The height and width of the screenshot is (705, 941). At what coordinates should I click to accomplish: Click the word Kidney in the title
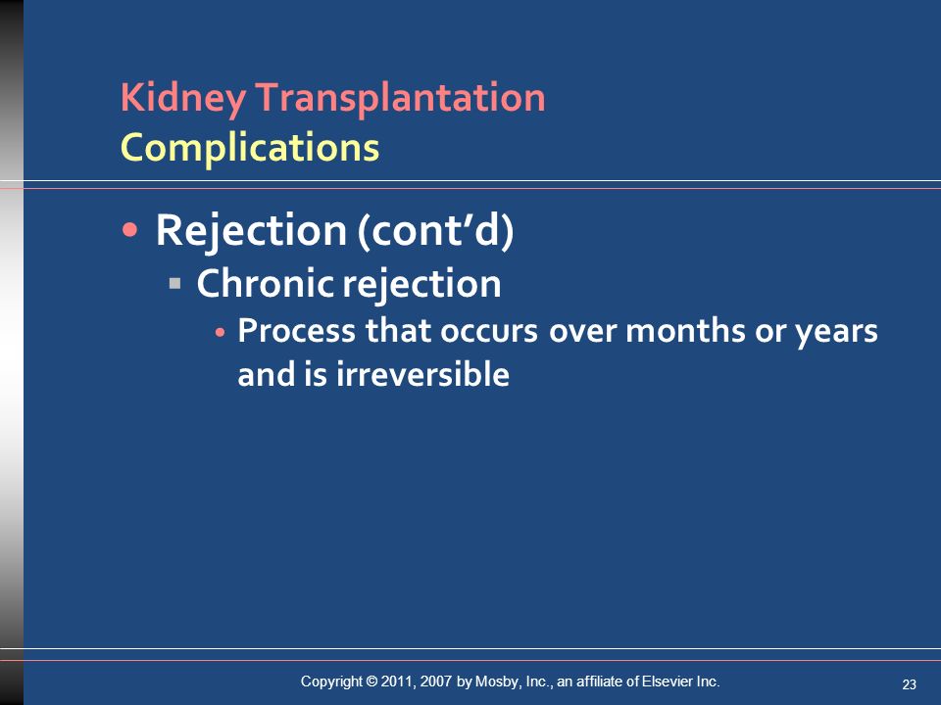pyautogui.click(x=183, y=98)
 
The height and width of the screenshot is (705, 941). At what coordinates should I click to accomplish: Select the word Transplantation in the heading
pyautogui.click(x=400, y=97)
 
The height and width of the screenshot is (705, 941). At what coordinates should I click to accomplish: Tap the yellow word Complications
pyautogui.click(x=250, y=148)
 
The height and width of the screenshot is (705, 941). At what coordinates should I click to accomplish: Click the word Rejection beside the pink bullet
pyautogui.click(x=251, y=231)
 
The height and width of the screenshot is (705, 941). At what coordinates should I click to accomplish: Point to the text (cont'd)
pyautogui.click(x=435, y=231)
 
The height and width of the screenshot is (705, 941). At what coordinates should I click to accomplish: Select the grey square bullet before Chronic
pyautogui.click(x=175, y=282)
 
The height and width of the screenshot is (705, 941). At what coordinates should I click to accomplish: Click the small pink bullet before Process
pyautogui.click(x=221, y=332)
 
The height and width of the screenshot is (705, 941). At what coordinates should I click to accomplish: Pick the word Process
pyautogui.click(x=296, y=331)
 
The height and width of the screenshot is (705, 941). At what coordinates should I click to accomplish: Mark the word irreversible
pyautogui.click(x=422, y=374)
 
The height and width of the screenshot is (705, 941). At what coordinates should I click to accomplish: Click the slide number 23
pyautogui.click(x=910, y=684)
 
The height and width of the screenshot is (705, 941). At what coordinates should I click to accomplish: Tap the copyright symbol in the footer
pyautogui.click(x=371, y=681)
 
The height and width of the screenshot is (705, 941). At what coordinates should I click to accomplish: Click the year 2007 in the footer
pyautogui.click(x=435, y=681)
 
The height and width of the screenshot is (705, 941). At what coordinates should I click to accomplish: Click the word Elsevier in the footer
pyautogui.click(x=668, y=681)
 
